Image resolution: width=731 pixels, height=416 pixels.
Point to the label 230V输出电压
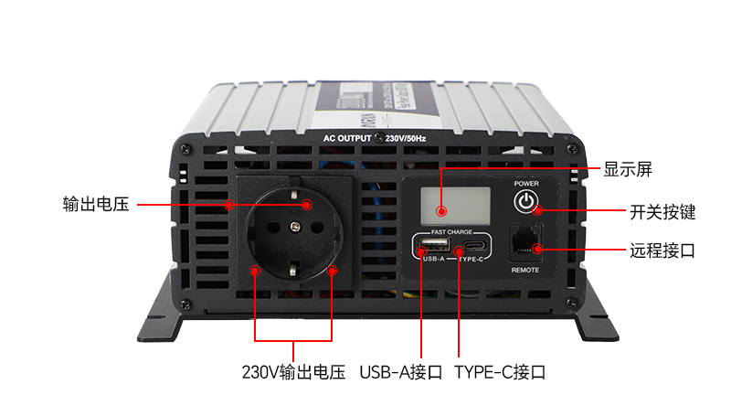point(293,372)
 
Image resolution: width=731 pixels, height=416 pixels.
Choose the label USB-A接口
point(401,372)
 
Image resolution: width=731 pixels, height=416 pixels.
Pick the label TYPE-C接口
point(500,372)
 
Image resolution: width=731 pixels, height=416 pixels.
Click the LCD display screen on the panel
point(442,202)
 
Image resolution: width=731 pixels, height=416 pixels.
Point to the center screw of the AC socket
point(294,225)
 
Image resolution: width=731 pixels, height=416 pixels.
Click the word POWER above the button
point(525,183)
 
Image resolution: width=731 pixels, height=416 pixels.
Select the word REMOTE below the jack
point(524,270)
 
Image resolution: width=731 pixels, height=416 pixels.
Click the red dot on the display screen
point(441,210)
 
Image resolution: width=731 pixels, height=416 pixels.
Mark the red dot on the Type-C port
point(458,249)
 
